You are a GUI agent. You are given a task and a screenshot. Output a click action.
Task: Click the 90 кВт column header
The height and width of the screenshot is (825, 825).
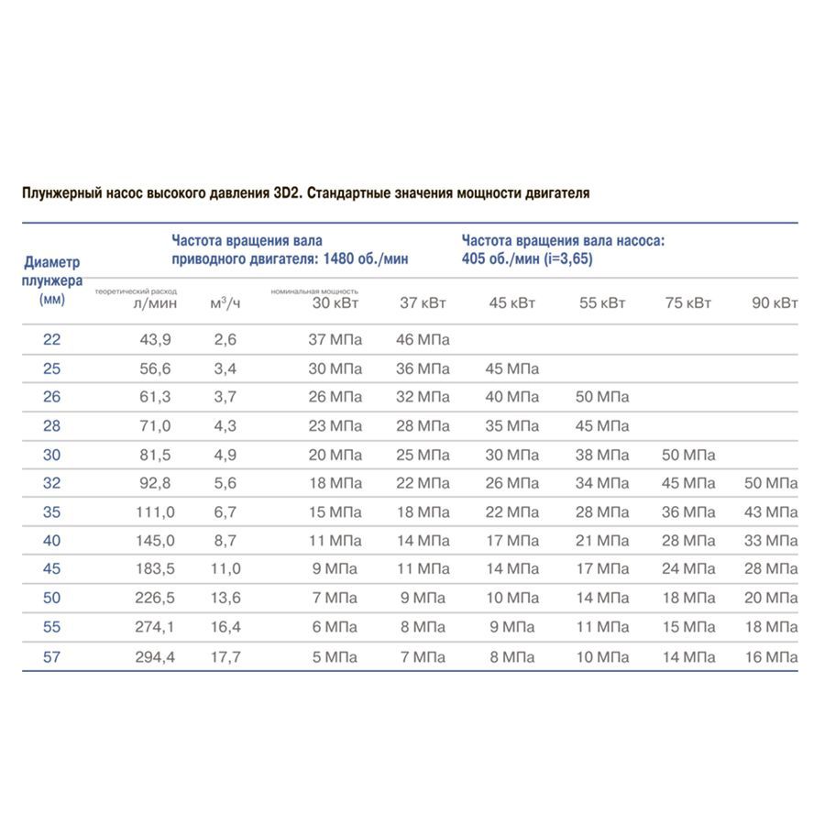(x=775, y=303)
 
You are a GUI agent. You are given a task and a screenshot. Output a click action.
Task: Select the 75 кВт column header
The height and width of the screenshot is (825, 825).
(x=688, y=303)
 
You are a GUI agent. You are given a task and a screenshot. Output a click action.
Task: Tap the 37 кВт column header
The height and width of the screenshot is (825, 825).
(x=423, y=303)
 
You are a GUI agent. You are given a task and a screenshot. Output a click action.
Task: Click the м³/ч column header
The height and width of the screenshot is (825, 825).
(x=225, y=303)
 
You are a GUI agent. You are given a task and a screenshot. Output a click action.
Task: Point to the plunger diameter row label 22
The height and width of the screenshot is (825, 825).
(x=51, y=339)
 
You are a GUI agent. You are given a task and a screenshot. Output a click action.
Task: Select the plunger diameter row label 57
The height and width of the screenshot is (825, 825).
(x=51, y=656)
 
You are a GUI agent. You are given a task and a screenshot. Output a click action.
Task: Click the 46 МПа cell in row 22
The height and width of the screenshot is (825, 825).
(x=423, y=340)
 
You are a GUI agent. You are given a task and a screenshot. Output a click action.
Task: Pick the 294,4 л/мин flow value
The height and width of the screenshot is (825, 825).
(x=155, y=656)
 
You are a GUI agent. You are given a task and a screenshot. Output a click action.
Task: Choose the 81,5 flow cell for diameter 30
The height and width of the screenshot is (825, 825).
(x=155, y=455)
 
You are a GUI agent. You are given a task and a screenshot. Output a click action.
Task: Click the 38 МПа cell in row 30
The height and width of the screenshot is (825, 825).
(x=601, y=455)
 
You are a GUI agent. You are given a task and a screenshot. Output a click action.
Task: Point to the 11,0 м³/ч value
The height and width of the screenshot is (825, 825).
(x=225, y=569)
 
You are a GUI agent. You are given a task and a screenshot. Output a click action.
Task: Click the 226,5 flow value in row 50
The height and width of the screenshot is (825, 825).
(x=155, y=599)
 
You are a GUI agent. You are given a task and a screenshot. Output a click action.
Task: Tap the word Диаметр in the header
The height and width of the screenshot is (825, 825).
(x=53, y=262)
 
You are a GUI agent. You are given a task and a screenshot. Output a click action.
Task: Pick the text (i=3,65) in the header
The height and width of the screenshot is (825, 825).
(x=566, y=258)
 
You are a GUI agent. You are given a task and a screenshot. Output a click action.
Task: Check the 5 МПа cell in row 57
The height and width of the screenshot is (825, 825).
(x=335, y=656)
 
